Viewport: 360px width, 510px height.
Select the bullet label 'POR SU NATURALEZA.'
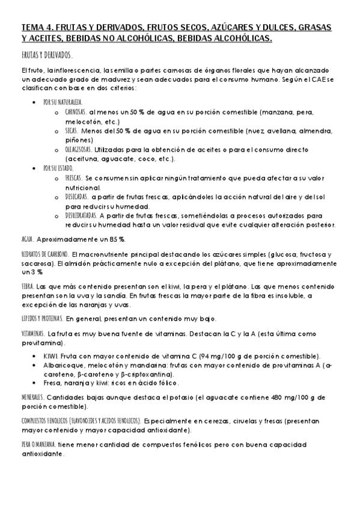point(63,102)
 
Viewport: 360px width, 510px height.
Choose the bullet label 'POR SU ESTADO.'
point(58,168)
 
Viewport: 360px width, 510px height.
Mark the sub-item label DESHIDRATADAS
point(80,215)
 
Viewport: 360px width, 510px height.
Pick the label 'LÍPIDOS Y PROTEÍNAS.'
point(42,318)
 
